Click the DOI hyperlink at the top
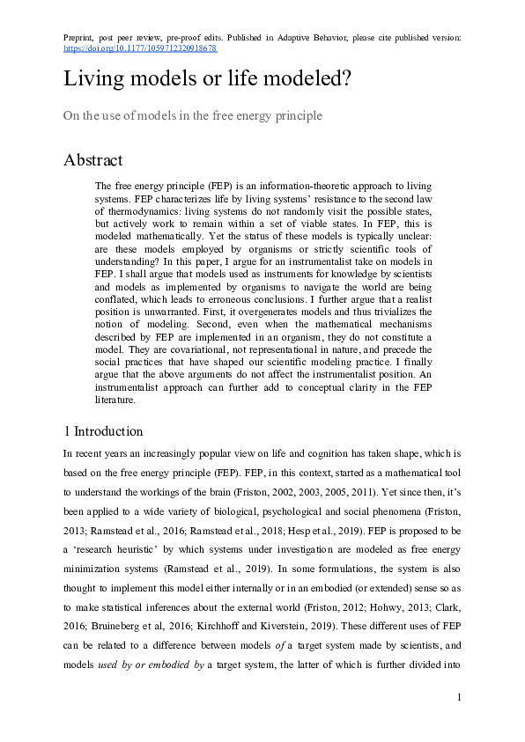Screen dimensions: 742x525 pyautogui.click(x=140, y=48)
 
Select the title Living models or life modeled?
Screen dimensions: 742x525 pyautogui.click(x=208, y=80)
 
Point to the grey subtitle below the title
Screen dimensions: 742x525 pyautogui.click(x=192, y=115)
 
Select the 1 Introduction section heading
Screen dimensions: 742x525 pyautogui.click(x=102, y=431)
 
